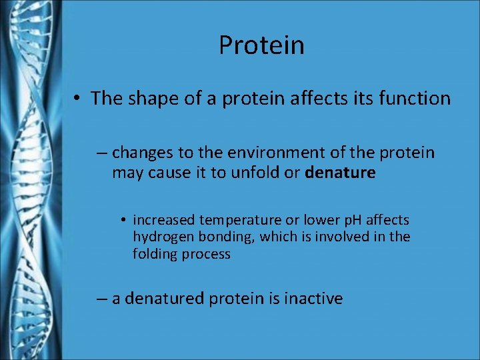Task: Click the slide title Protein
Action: [x=261, y=45]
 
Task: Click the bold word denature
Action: [x=340, y=173]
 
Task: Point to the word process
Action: [x=207, y=254]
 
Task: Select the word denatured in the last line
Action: [x=165, y=299]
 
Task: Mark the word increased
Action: [x=164, y=220]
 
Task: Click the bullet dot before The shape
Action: [x=78, y=99]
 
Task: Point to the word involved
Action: [x=351, y=237]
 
